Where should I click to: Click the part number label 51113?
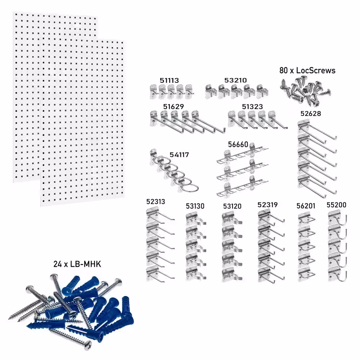point(169,80)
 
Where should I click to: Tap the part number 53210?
point(235,80)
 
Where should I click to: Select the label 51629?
point(174,107)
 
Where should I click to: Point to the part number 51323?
point(252,107)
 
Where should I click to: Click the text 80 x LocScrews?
point(307,70)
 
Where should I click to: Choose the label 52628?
point(311,113)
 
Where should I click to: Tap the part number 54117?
point(179,155)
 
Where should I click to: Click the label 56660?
point(238,144)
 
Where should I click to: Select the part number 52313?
point(156,202)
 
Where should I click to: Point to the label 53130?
point(195,206)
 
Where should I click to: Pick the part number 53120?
point(232,206)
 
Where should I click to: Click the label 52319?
point(267,205)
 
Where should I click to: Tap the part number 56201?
point(306,206)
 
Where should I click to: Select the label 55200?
point(336,205)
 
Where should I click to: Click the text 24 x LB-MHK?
point(77,264)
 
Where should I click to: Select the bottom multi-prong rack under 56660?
point(241,187)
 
